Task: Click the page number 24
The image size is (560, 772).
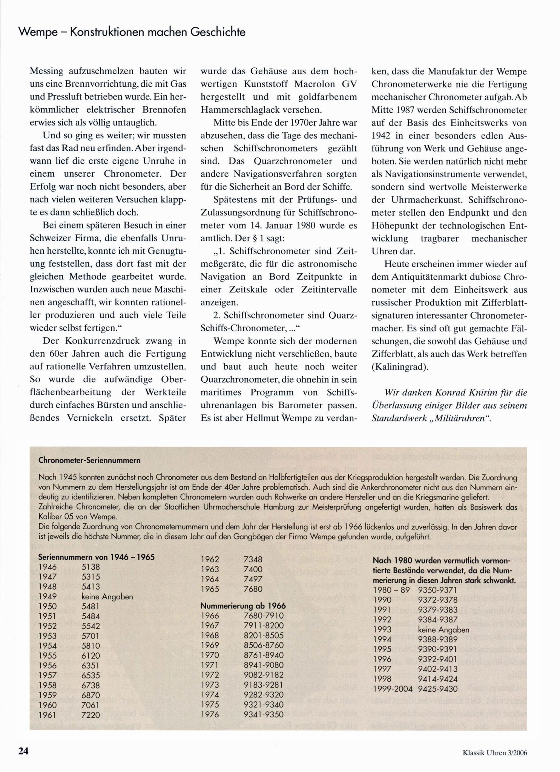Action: coord(23,751)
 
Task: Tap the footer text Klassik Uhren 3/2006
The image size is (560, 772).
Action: coord(494,753)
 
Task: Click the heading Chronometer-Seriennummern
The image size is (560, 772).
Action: coord(89,460)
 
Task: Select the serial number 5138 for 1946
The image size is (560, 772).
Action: coord(91,567)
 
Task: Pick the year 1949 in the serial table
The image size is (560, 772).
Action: coord(48,596)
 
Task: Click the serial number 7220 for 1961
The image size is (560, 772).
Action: coord(91,715)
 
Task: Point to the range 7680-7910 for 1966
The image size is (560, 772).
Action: coord(264,616)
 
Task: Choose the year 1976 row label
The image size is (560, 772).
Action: coord(210,714)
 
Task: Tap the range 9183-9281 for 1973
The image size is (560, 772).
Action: coord(264,685)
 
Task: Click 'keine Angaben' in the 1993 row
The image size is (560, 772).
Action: coord(443,630)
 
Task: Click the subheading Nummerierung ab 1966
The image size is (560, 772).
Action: coord(243,606)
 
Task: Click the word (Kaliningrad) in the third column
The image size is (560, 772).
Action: coord(400,367)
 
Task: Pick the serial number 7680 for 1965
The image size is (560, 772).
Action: coord(253,589)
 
